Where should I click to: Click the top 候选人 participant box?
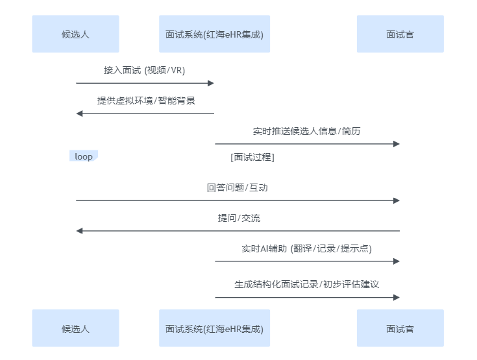(75, 34)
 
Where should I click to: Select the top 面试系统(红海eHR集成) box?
(214, 34)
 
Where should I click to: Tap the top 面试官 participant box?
(400, 34)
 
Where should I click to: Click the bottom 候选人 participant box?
(75, 328)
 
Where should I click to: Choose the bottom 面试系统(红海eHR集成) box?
(214, 328)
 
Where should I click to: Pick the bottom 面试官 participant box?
(400, 328)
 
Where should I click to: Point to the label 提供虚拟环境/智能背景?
(146, 101)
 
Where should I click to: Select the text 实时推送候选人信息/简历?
(306, 131)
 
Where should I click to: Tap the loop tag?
(83, 156)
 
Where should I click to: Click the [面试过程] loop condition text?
(252, 157)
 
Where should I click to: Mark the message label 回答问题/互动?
(237, 187)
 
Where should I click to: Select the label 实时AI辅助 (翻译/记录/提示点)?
(306, 248)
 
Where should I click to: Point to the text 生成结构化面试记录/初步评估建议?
(306, 284)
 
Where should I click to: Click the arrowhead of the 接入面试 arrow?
(210, 83)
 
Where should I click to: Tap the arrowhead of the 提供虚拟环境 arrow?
(80, 114)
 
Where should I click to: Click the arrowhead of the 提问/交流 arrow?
(80, 231)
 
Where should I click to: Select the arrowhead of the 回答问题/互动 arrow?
(396, 200)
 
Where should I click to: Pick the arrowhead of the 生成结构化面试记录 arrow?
(396, 297)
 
